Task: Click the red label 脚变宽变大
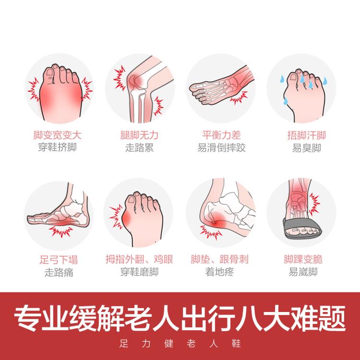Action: click(x=58, y=135)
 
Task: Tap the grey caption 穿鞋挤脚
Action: click(x=58, y=147)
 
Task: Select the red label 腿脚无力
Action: click(x=139, y=135)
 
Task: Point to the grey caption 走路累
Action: click(x=139, y=148)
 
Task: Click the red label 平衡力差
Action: click(x=221, y=135)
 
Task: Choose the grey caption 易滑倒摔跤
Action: click(x=221, y=148)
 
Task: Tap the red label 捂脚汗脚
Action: click(x=307, y=135)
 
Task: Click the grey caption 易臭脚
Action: click(x=307, y=148)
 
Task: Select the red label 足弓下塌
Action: click(x=59, y=260)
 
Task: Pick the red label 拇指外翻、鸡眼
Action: click(x=139, y=259)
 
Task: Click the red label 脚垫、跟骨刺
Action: click(x=219, y=259)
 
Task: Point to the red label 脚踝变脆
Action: click(x=303, y=259)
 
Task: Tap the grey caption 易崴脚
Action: click(x=303, y=272)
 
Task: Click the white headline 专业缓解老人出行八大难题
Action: click(x=180, y=318)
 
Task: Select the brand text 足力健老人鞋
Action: click(x=180, y=344)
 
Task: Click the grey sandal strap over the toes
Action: click(x=301, y=225)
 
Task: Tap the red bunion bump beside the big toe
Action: click(x=126, y=218)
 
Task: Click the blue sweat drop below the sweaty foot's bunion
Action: click(x=286, y=101)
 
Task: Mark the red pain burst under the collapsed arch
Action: click(x=60, y=231)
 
